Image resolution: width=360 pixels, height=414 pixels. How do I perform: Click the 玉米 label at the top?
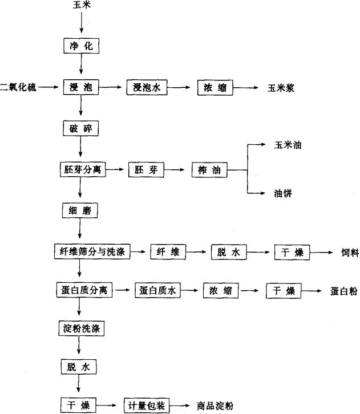click(81, 7)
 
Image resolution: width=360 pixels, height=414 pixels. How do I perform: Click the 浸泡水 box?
click(145, 87)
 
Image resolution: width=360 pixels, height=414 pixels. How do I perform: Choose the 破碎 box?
click(81, 128)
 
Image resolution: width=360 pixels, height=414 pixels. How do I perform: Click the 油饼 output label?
click(284, 193)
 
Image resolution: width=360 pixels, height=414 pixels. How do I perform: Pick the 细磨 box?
click(81, 210)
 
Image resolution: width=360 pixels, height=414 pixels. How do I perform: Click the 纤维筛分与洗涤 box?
click(91, 251)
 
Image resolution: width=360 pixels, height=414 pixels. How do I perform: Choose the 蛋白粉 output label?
click(343, 291)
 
